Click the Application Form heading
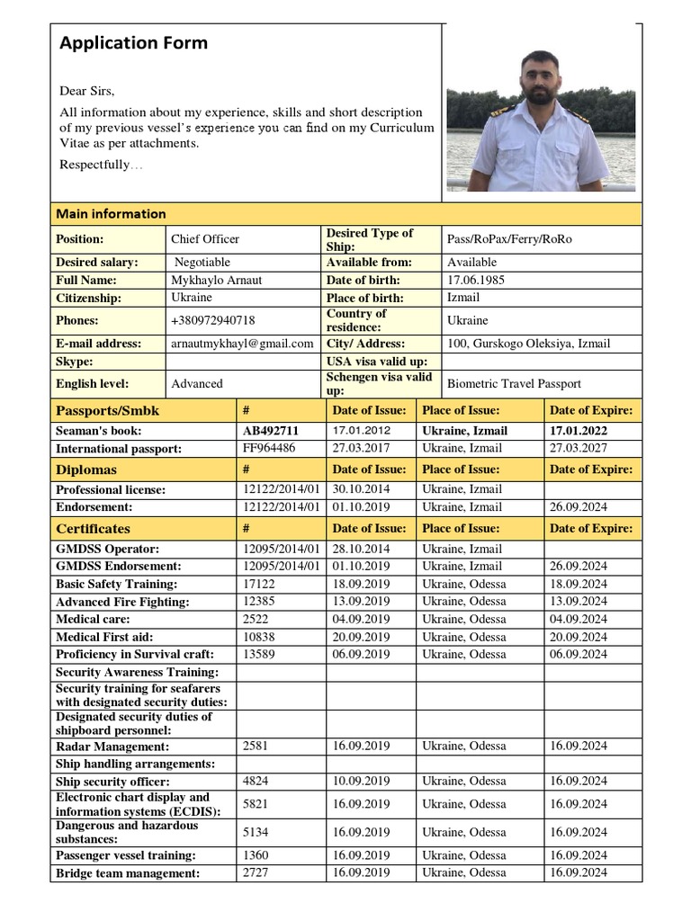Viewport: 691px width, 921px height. pos(133,43)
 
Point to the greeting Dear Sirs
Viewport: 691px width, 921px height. pos(87,91)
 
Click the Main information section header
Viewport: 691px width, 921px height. pos(111,214)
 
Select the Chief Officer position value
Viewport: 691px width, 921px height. pos(205,239)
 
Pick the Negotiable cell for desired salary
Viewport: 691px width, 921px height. pos(202,263)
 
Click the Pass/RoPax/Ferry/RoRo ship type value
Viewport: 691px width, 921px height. pos(509,239)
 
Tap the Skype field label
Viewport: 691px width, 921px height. pos(75,362)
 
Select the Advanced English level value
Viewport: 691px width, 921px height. pos(196,383)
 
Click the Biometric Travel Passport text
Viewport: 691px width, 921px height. pos(514,383)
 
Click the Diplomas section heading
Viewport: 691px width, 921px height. pos(86,469)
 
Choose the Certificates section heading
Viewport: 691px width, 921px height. pos(93,529)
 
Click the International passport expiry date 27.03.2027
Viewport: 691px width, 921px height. pos(578,448)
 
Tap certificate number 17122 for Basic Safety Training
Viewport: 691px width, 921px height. pos(257,584)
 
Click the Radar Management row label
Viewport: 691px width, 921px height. pos(112,747)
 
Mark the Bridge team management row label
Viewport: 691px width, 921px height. pos(128,873)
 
